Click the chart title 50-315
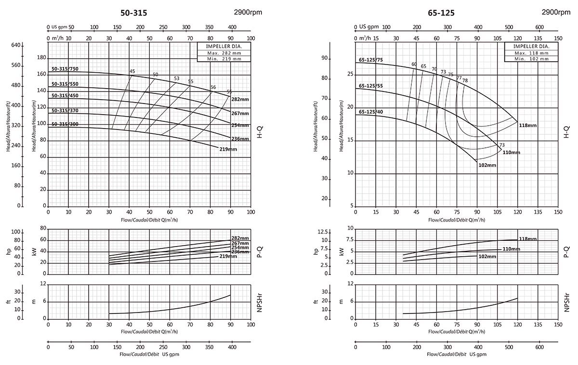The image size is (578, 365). click(133, 13)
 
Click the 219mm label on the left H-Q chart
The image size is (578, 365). click(228, 149)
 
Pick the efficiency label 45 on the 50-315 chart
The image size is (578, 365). click(132, 71)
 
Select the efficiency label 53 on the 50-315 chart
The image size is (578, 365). click(177, 78)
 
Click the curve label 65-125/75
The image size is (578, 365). click(370, 60)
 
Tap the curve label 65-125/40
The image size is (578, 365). click(370, 112)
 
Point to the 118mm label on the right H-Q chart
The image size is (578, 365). click(528, 125)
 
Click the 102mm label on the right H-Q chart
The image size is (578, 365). click(487, 165)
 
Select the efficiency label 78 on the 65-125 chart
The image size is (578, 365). click(465, 80)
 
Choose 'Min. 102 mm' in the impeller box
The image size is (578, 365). click(530, 59)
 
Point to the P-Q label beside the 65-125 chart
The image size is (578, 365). click(566, 251)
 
